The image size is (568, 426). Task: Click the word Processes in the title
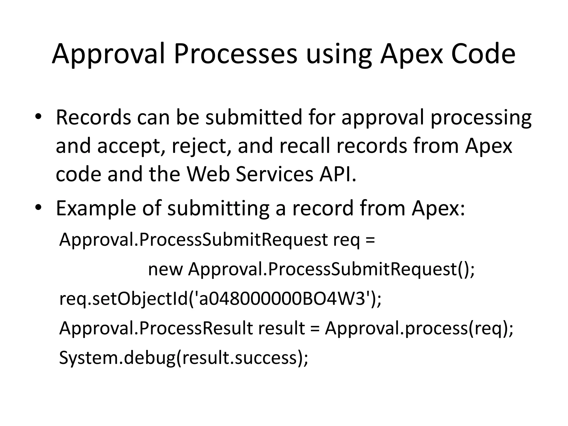click(x=235, y=54)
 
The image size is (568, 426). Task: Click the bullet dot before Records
click(x=38, y=117)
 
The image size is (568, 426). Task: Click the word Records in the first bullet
click(x=93, y=117)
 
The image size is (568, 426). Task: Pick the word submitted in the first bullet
click(x=254, y=117)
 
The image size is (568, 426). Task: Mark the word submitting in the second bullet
click(x=218, y=209)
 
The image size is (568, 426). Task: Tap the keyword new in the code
click(x=165, y=269)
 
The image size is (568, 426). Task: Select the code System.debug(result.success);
click(x=184, y=358)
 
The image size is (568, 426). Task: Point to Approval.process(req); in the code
click(x=419, y=329)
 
